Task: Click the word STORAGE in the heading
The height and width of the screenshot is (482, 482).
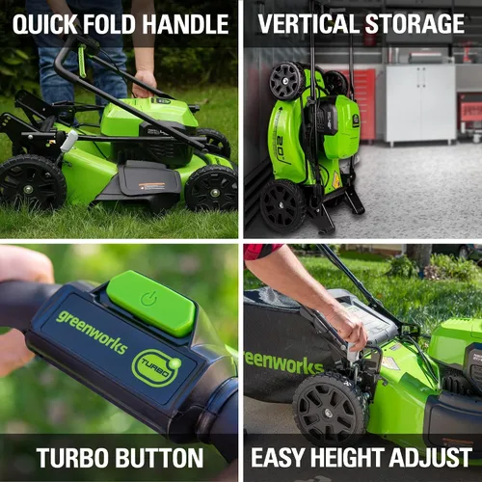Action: pyautogui.click(x=415, y=24)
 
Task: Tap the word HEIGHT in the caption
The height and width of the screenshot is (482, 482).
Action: pyautogui.click(x=347, y=457)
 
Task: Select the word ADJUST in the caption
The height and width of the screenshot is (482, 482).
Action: pyautogui.click(x=430, y=457)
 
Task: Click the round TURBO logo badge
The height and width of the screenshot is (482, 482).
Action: pyautogui.click(x=156, y=367)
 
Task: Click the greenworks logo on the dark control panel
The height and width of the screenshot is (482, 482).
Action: pyautogui.click(x=92, y=332)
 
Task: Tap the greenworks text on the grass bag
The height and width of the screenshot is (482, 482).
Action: pyautogui.click(x=283, y=363)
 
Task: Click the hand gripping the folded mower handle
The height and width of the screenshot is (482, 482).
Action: pyautogui.click(x=145, y=84)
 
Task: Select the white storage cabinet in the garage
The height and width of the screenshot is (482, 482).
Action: pyautogui.click(x=420, y=103)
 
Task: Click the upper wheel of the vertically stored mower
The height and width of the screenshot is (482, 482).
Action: pyautogui.click(x=286, y=81)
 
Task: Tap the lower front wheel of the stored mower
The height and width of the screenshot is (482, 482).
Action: pyautogui.click(x=282, y=205)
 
